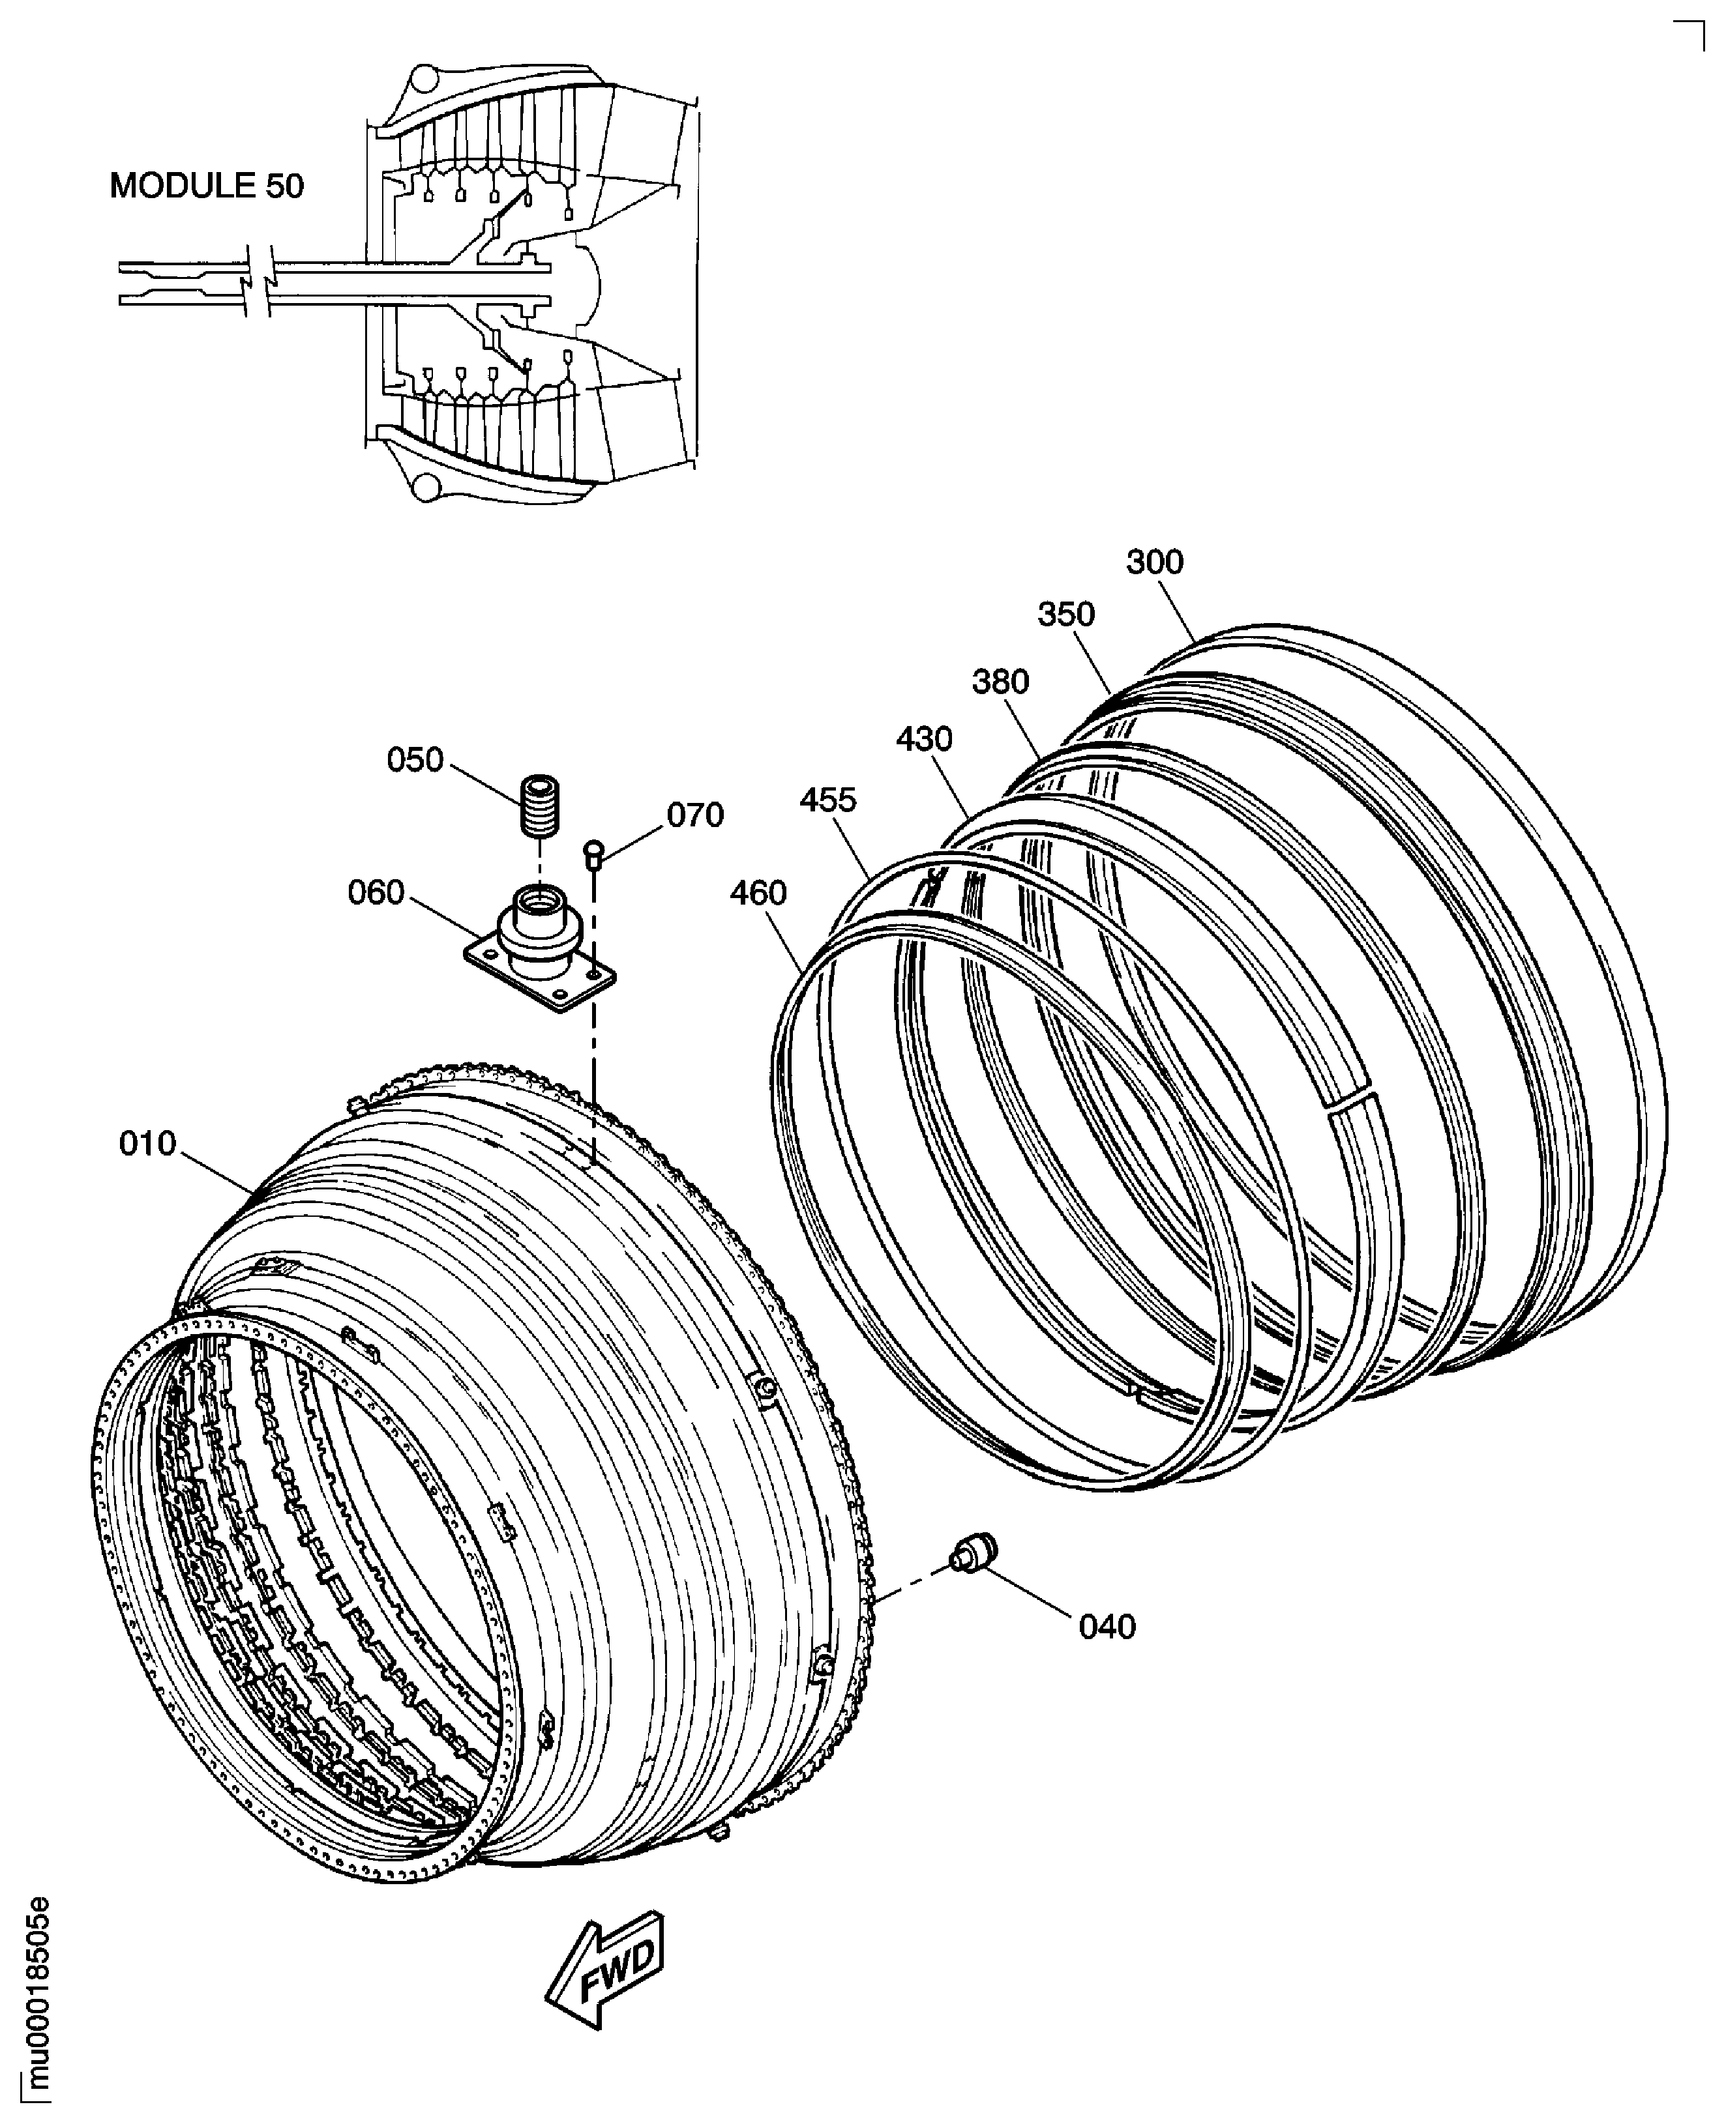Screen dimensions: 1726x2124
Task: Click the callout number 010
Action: point(147,1144)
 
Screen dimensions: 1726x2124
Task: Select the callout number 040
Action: point(1107,1627)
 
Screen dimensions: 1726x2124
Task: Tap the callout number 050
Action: point(415,761)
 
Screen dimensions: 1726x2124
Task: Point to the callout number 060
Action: point(376,892)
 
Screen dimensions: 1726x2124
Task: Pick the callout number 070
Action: point(695,815)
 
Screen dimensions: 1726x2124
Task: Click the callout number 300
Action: point(1154,562)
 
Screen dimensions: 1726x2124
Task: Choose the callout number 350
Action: point(1066,614)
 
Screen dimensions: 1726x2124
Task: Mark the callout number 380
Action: point(1000,682)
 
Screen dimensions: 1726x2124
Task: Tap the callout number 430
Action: point(924,740)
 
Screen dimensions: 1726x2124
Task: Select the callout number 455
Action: point(827,800)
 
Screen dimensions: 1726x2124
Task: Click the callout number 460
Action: point(758,894)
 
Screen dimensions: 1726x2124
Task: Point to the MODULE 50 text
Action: point(207,186)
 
